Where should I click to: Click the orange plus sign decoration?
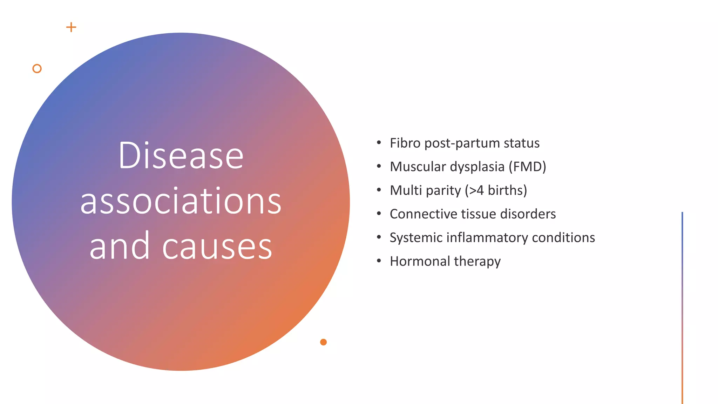coord(71,27)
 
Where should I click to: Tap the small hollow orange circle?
coord(37,68)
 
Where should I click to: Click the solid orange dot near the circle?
coord(323,342)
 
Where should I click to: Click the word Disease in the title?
coord(181,155)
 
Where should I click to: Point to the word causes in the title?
coord(217,246)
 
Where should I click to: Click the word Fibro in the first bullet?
coord(405,143)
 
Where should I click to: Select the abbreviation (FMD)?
coord(527,167)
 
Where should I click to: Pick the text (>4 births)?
coord(496,190)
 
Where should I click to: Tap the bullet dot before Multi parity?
coord(379,190)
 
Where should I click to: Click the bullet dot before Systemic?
coord(379,237)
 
